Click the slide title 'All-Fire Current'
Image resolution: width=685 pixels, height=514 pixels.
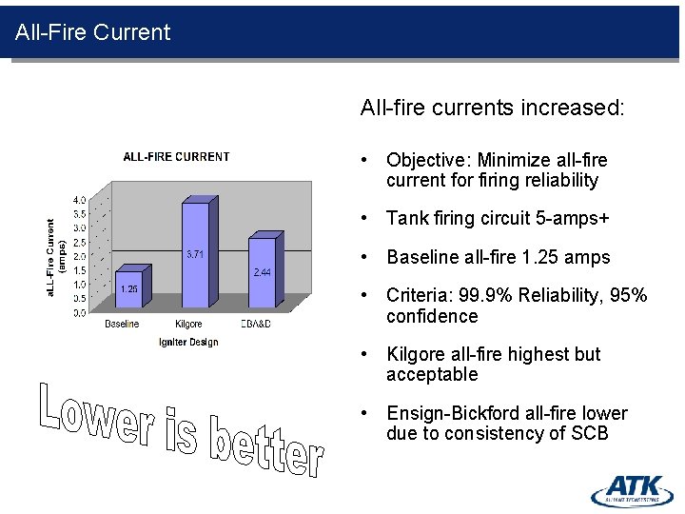coord(92,32)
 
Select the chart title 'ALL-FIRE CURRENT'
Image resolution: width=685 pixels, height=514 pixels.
coord(176,157)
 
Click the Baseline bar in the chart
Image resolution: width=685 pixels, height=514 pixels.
coord(127,290)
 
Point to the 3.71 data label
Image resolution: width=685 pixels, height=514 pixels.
coord(195,254)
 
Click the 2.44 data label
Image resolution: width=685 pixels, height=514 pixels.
coord(262,272)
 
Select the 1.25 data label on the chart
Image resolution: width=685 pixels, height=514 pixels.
coord(127,289)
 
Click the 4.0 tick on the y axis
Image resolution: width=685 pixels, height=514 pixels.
coord(79,200)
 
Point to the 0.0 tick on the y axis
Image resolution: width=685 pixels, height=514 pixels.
coord(79,312)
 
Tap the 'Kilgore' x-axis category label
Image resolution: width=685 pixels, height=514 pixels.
coord(188,325)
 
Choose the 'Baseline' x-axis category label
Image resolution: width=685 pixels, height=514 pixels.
coord(122,325)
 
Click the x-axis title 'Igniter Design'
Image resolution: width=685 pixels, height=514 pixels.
coord(188,343)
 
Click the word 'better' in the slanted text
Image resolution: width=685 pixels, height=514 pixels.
coord(266,447)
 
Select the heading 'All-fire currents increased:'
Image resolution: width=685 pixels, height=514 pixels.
coord(492,108)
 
